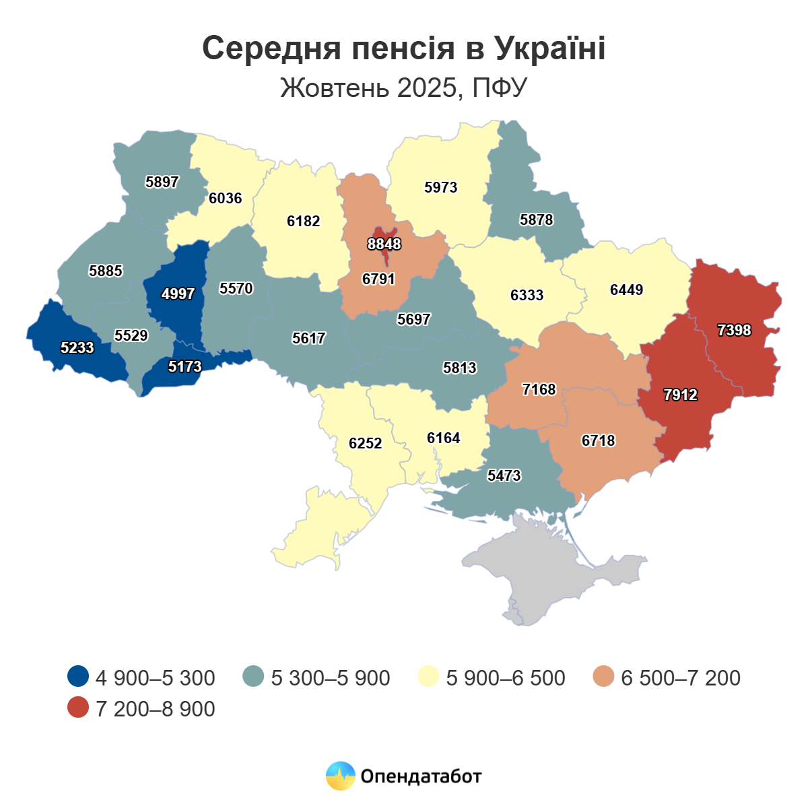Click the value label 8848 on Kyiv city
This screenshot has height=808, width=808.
(x=384, y=244)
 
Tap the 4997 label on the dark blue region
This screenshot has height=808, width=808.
(x=178, y=294)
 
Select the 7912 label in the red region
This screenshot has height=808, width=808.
(x=680, y=395)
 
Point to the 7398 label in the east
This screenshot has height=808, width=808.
(x=734, y=330)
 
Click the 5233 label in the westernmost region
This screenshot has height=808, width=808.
(x=77, y=347)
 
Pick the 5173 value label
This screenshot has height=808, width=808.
(x=184, y=366)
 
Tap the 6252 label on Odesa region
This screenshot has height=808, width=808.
(x=365, y=443)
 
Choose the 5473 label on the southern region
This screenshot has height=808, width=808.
(x=504, y=475)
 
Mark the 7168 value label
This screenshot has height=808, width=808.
(x=539, y=389)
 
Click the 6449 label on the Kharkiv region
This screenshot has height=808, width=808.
(x=626, y=290)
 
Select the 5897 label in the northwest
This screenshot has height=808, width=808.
(x=162, y=182)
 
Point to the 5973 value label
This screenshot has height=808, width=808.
(x=440, y=187)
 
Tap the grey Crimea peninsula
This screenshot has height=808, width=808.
(x=552, y=572)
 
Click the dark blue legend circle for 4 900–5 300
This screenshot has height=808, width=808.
(x=79, y=677)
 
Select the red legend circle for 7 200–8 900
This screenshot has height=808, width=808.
(x=79, y=708)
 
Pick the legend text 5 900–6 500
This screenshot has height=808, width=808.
(x=505, y=677)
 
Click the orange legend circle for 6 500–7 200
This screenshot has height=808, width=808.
(x=604, y=677)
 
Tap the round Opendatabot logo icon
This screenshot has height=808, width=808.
(x=340, y=776)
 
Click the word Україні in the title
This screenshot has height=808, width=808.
(x=549, y=48)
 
